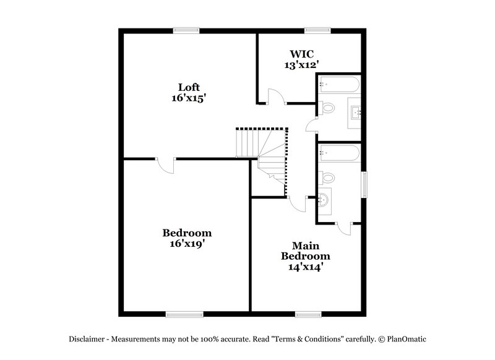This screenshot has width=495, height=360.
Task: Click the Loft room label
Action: [189, 87]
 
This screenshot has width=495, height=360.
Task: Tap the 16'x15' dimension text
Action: [189, 98]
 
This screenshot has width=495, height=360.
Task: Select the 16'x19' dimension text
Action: [187, 244]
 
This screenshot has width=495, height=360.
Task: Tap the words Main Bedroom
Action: [306, 250]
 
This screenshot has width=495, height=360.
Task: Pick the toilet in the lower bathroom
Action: [327, 178]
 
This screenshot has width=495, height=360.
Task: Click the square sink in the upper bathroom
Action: [356, 113]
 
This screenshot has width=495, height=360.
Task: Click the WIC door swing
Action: [274, 96]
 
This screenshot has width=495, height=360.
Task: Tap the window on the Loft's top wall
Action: [186, 29]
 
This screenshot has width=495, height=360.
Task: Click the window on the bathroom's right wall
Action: [364, 183]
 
